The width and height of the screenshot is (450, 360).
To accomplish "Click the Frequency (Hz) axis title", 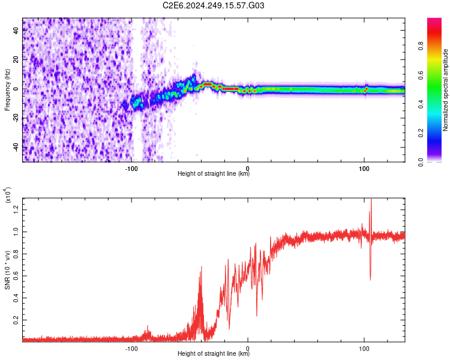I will (7, 90).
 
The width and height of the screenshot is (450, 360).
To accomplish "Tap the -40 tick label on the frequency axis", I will (16, 148).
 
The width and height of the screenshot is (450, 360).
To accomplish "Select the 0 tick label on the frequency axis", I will (16, 89).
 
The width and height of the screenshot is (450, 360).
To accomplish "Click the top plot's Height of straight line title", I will (214, 174).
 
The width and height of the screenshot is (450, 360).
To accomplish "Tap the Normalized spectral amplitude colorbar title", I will (446, 90).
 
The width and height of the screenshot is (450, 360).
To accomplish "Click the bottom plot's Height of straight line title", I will (214, 354).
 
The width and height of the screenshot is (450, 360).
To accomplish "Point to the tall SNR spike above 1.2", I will (371, 204).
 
